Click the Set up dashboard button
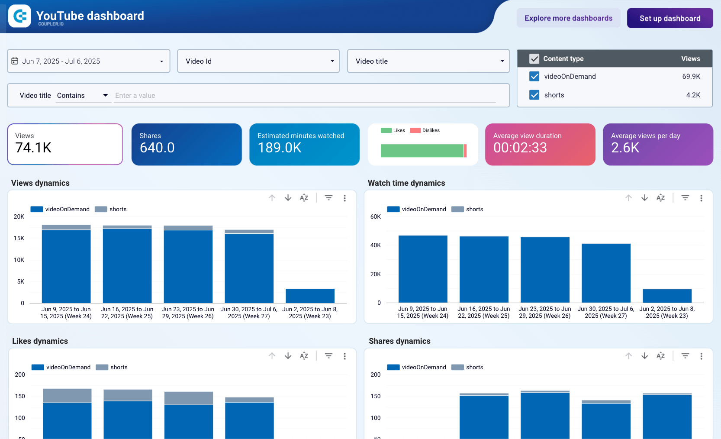coord(669,18)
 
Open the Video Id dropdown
coord(258,61)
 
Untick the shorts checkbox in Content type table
coord(534,95)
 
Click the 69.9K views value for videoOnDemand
coord(691,76)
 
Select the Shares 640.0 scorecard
coord(187,144)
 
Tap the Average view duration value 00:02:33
coord(520,148)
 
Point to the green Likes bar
coord(422,151)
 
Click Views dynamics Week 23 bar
coord(310,296)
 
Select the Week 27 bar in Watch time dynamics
coord(606,273)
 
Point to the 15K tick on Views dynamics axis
coord(19,238)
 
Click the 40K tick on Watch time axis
coord(375,245)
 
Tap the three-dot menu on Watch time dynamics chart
coord(701,198)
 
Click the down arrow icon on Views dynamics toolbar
coord(288,198)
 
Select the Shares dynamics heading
coord(399,341)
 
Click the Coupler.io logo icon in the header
coord(19,16)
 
